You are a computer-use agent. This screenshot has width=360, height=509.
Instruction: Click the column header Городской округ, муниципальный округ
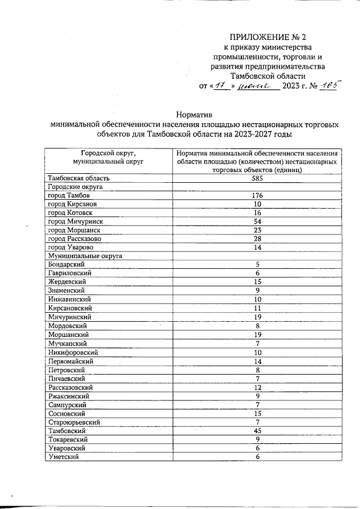pyautogui.click(x=109, y=156)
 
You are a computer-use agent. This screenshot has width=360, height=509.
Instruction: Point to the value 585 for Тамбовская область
pyautogui.click(x=258, y=178)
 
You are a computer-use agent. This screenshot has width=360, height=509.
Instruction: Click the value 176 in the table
pyautogui.click(x=258, y=195)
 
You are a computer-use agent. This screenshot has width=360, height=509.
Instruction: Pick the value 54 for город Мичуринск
pyautogui.click(x=258, y=222)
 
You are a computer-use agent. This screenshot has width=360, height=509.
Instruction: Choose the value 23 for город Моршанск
pyautogui.click(x=258, y=230)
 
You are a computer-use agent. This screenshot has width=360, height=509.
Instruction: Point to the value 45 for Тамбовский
pyautogui.click(x=258, y=431)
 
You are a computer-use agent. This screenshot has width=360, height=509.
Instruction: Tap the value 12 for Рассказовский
pyautogui.click(x=258, y=388)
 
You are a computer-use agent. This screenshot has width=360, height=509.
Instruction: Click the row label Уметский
pyautogui.click(x=63, y=457)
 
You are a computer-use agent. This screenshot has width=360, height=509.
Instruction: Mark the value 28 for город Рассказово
pyautogui.click(x=258, y=239)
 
